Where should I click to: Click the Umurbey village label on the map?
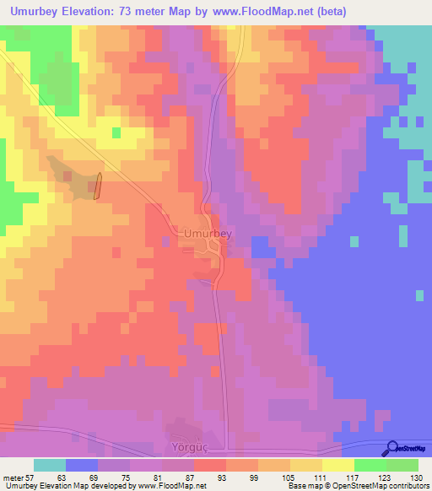[x=207, y=231]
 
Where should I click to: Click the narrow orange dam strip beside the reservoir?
[x=98, y=186]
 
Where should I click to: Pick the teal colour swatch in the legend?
[x=50, y=465]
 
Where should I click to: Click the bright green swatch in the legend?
[x=370, y=465]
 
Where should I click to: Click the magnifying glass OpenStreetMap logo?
[x=392, y=448]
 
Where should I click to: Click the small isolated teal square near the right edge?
[x=420, y=294]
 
